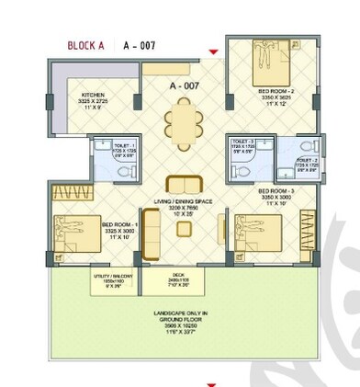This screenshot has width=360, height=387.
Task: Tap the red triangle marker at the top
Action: click(214, 51)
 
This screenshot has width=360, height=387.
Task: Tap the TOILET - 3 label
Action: click(243, 144)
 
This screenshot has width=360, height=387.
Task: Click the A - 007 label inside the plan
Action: click(185, 85)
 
